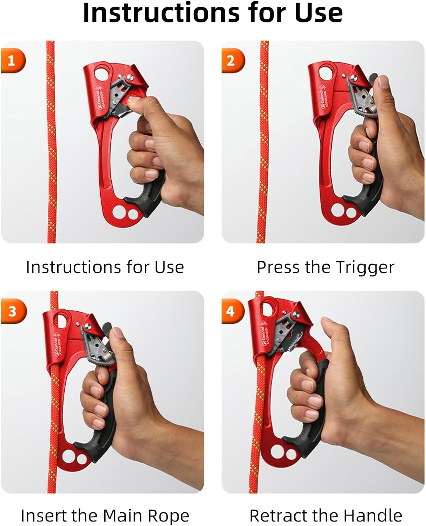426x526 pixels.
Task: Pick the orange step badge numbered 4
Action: tap(231, 311)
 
